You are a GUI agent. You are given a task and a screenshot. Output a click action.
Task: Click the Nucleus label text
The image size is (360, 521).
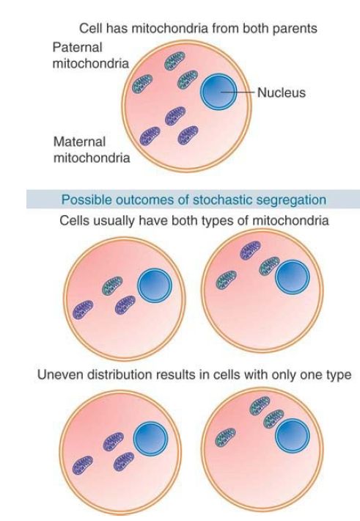(x=282, y=92)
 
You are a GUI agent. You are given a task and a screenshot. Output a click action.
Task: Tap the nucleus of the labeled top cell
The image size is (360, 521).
(x=218, y=92)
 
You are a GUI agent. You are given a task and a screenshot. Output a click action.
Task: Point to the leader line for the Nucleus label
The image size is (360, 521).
(x=238, y=92)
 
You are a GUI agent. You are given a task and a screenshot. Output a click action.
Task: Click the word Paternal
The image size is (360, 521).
(x=77, y=48)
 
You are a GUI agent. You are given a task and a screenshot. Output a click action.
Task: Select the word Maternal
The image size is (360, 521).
(x=79, y=142)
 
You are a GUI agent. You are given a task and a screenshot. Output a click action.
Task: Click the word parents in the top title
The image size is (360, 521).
(x=295, y=29)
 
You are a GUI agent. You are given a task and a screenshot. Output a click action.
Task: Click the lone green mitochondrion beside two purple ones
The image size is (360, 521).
(x=112, y=285)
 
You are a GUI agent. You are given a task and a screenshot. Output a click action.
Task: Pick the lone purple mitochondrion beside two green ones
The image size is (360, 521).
(x=251, y=250)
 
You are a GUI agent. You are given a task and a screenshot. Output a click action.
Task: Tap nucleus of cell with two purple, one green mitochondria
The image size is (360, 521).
(x=155, y=285)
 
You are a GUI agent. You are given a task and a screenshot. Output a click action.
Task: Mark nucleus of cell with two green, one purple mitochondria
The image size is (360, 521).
(x=293, y=277)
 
